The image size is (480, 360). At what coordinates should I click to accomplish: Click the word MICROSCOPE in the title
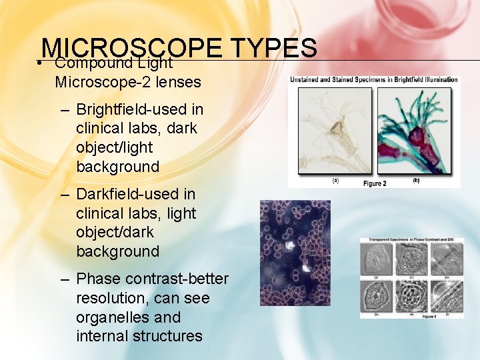[x=131, y=48]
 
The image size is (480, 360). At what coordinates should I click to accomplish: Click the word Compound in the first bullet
[x=85, y=63]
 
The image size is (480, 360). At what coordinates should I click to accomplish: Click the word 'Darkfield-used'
[x=136, y=194]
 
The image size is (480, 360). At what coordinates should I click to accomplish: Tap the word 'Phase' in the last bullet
[x=97, y=279]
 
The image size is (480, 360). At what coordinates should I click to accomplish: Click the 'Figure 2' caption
[x=375, y=183]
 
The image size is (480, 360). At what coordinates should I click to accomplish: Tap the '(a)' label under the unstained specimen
[x=335, y=180]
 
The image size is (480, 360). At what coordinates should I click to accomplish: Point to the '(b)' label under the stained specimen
[x=416, y=180]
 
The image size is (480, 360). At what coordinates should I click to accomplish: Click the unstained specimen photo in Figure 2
[x=335, y=131]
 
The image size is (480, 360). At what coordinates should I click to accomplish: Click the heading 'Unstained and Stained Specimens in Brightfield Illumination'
[x=374, y=80]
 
